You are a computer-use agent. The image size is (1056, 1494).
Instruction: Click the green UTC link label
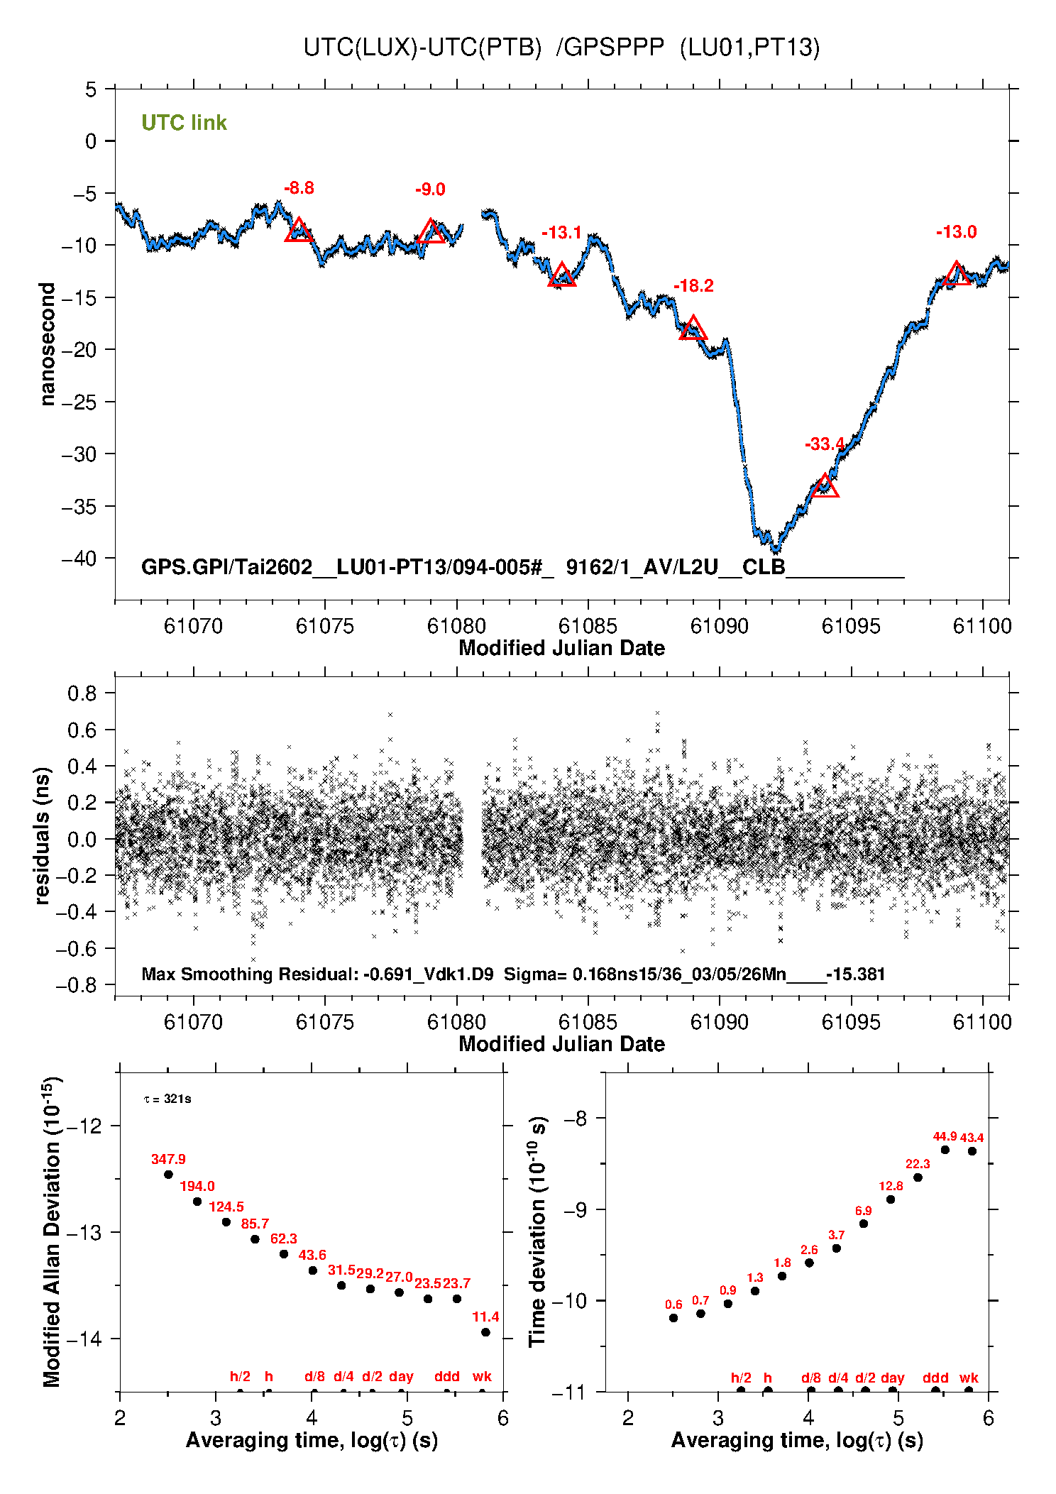[184, 123]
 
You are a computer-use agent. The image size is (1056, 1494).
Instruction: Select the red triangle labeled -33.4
[825, 487]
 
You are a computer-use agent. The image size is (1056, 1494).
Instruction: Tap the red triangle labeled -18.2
[693, 329]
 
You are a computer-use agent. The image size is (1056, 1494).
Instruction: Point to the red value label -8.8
[299, 188]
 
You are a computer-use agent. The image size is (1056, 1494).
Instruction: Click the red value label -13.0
[956, 232]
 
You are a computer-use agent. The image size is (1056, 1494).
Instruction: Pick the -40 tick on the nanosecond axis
[80, 559]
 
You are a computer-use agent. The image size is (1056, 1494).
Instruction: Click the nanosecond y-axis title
[47, 344]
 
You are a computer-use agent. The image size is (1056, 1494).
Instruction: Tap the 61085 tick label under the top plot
[588, 626]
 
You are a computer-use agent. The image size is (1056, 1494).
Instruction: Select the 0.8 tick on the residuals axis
[82, 693]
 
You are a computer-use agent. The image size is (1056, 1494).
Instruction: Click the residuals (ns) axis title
[43, 835]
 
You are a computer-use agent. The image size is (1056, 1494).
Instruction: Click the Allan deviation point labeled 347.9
[168, 1175]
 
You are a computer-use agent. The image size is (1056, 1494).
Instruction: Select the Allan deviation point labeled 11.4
[485, 1332]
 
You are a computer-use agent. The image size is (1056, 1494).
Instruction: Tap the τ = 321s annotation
[167, 1099]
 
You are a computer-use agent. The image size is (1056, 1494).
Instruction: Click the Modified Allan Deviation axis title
[52, 1231]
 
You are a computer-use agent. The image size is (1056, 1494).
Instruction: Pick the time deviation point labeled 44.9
[945, 1150]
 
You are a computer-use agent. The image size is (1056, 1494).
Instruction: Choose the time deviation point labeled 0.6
[673, 1318]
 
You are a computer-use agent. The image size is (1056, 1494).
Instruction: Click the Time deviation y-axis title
[537, 1231]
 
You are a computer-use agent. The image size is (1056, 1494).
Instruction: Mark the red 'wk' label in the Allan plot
[482, 1376]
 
